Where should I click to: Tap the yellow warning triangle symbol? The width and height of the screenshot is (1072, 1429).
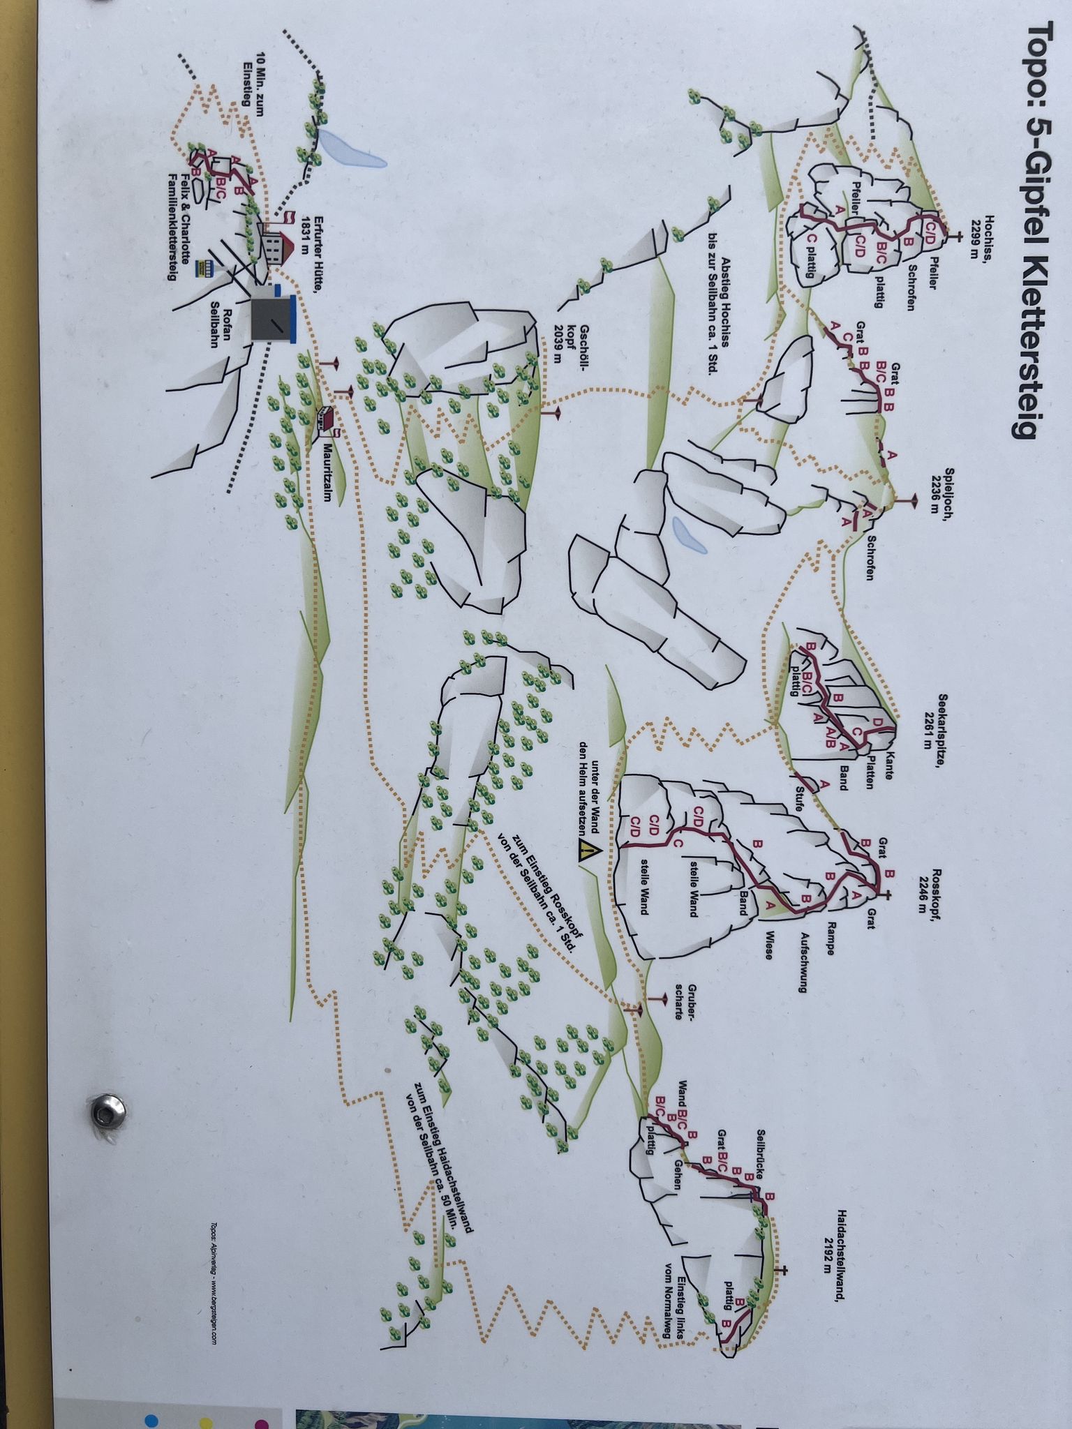(588, 851)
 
